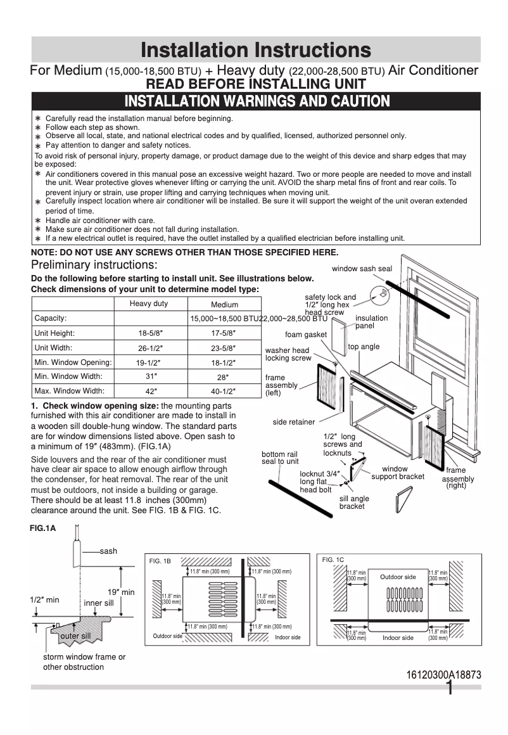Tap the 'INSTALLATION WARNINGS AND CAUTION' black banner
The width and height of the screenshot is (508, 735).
point(257,101)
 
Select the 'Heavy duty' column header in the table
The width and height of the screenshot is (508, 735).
point(149,304)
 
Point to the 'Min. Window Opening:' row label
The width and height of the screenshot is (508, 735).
point(73,362)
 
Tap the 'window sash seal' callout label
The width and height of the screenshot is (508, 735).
point(362,269)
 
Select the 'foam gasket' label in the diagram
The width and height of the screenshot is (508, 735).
point(306,335)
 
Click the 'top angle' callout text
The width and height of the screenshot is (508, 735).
point(364,347)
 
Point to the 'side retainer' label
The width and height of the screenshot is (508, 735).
point(294,422)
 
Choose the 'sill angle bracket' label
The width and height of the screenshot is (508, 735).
point(354,502)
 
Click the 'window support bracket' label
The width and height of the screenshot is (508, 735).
point(398,473)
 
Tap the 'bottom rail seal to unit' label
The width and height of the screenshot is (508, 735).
point(280,457)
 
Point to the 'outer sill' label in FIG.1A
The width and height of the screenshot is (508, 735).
point(75,636)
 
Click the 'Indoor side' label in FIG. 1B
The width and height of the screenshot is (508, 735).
point(288,637)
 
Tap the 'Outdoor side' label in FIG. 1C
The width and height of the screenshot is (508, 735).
point(398,577)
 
